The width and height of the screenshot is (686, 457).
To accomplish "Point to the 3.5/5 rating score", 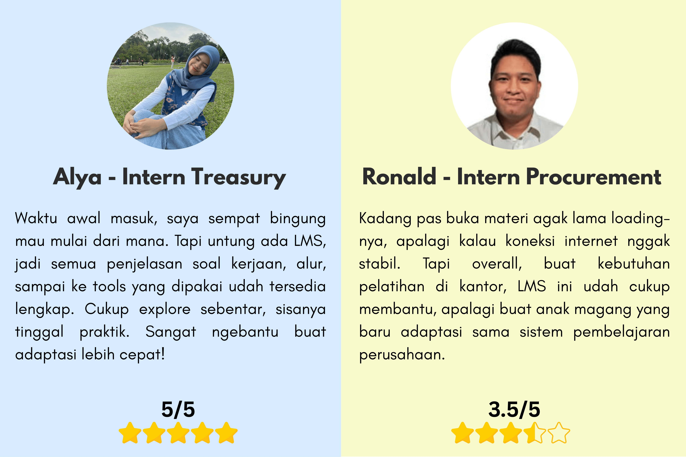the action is click(514, 409).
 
